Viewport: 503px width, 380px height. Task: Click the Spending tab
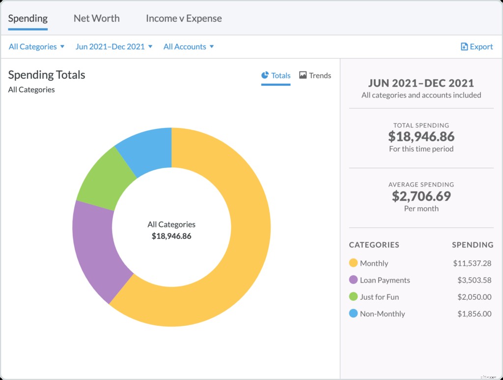pyautogui.click(x=28, y=19)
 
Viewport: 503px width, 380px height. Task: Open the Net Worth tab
pyautogui.click(x=96, y=19)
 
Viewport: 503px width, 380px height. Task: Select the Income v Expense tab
pyautogui.click(x=184, y=19)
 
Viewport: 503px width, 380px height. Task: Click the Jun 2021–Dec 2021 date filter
pyautogui.click(x=114, y=47)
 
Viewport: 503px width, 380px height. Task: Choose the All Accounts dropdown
pyautogui.click(x=189, y=47)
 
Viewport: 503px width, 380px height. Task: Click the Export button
pyautogui.click(x=476, y=47)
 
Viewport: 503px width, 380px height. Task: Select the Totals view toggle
pyautogui.click(x=276, y=76)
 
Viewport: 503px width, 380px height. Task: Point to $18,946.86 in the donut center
pyautogui.click(x=171, y=236)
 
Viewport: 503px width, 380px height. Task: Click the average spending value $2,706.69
pyautogui.click(x=421, y=197)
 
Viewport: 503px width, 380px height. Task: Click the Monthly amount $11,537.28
pyautogui.click(x=472, y=263)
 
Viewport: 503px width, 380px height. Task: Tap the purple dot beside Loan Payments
pyautogui.click(x=353, y=280)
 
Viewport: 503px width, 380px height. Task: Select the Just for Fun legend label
pyautogui.click(x=379, y=297)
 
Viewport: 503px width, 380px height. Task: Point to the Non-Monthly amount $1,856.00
pyautogui.click(x=474, y=314)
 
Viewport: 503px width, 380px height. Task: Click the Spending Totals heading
pyautogui.click(x=47, y=75)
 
